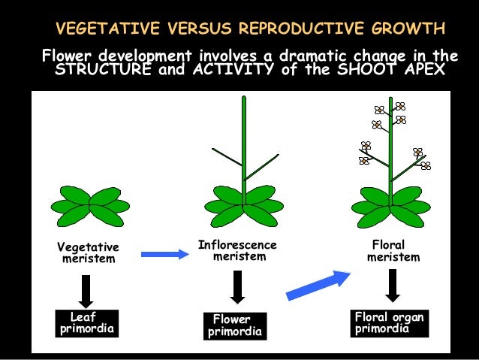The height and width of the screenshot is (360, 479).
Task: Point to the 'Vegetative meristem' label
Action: (x=89, y=253)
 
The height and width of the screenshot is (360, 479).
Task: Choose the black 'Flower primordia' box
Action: (x=236, y=325)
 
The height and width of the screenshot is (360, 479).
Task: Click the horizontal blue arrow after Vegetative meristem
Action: (x=164, y=254)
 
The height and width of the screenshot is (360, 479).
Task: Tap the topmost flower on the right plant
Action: (x=400, y=107)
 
